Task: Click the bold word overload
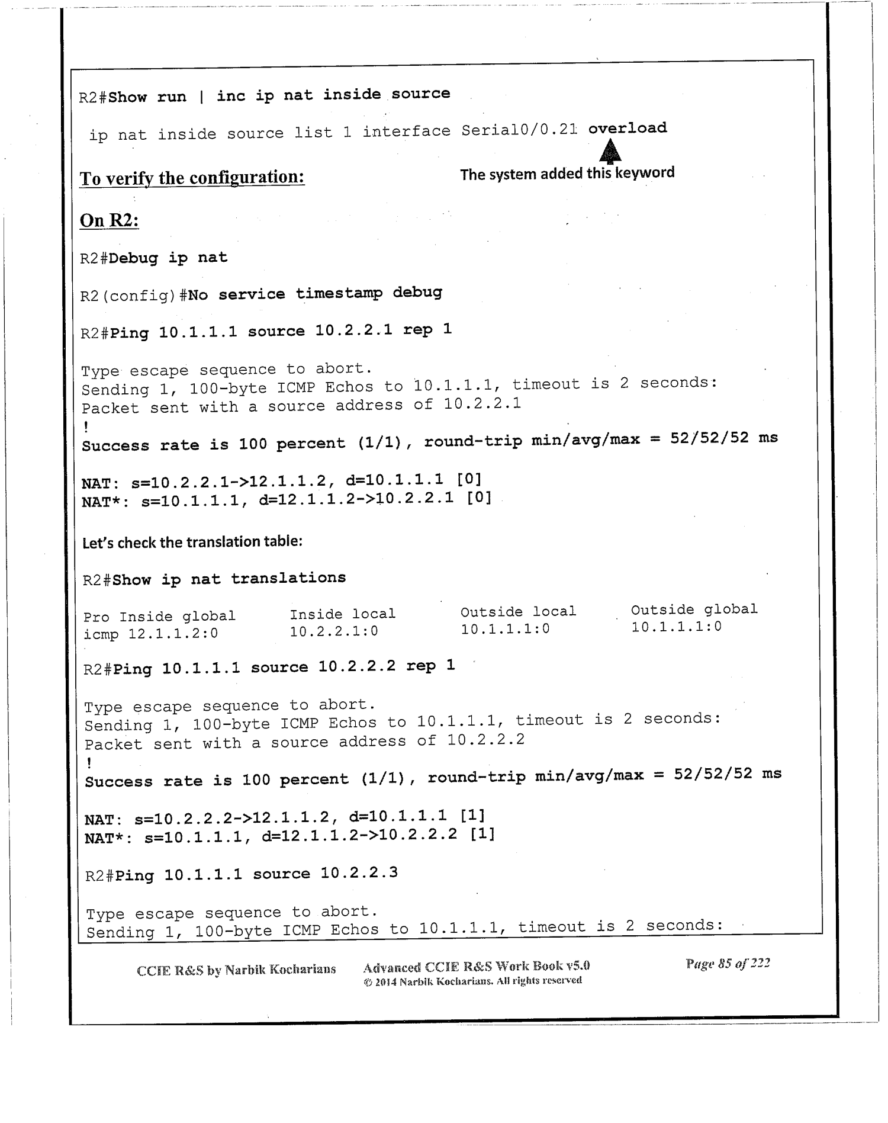click(x=628, y=128)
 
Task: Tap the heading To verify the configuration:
click(x=192, y=177)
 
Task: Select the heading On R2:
click(x=110, y=220)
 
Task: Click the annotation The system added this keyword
click(x=567, y=174)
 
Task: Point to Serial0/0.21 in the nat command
click(x=519, y=130)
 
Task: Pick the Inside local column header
click(x=342, y=614)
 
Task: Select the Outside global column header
click(x=694, y=609)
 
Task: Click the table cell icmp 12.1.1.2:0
click(x=151, y=634)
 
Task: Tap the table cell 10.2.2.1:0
click(x=334, y=632)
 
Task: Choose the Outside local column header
click(x=518, y=612)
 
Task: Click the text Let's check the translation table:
click(x=192, y=542)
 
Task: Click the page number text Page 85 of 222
click(x=728, y=964)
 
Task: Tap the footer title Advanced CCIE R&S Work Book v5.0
click(x=476, y=967)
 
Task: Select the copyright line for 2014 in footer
click(x=472, y=981)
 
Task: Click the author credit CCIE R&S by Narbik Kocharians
click(x=236, y=970)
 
